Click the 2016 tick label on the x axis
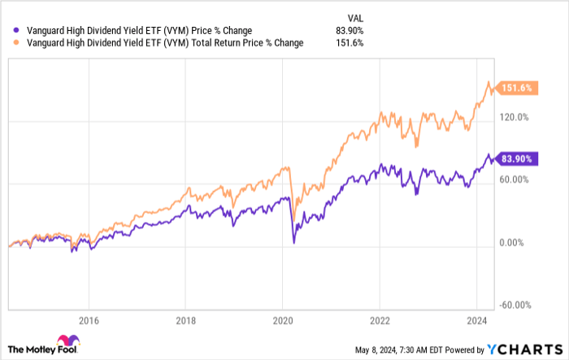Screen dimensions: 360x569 (x=89, y=320)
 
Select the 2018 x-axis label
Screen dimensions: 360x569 (x=186, y=320)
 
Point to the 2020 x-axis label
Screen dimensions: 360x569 (x=283, y=320)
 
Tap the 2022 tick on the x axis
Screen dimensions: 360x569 (x=380, y=320)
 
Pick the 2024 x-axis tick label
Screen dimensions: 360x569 (x=477, y=320)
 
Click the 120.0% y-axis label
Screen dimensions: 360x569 (x=514, y=117)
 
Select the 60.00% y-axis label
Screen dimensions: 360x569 (x=514, y=180)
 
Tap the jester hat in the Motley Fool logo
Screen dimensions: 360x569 (x=63, y=341)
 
